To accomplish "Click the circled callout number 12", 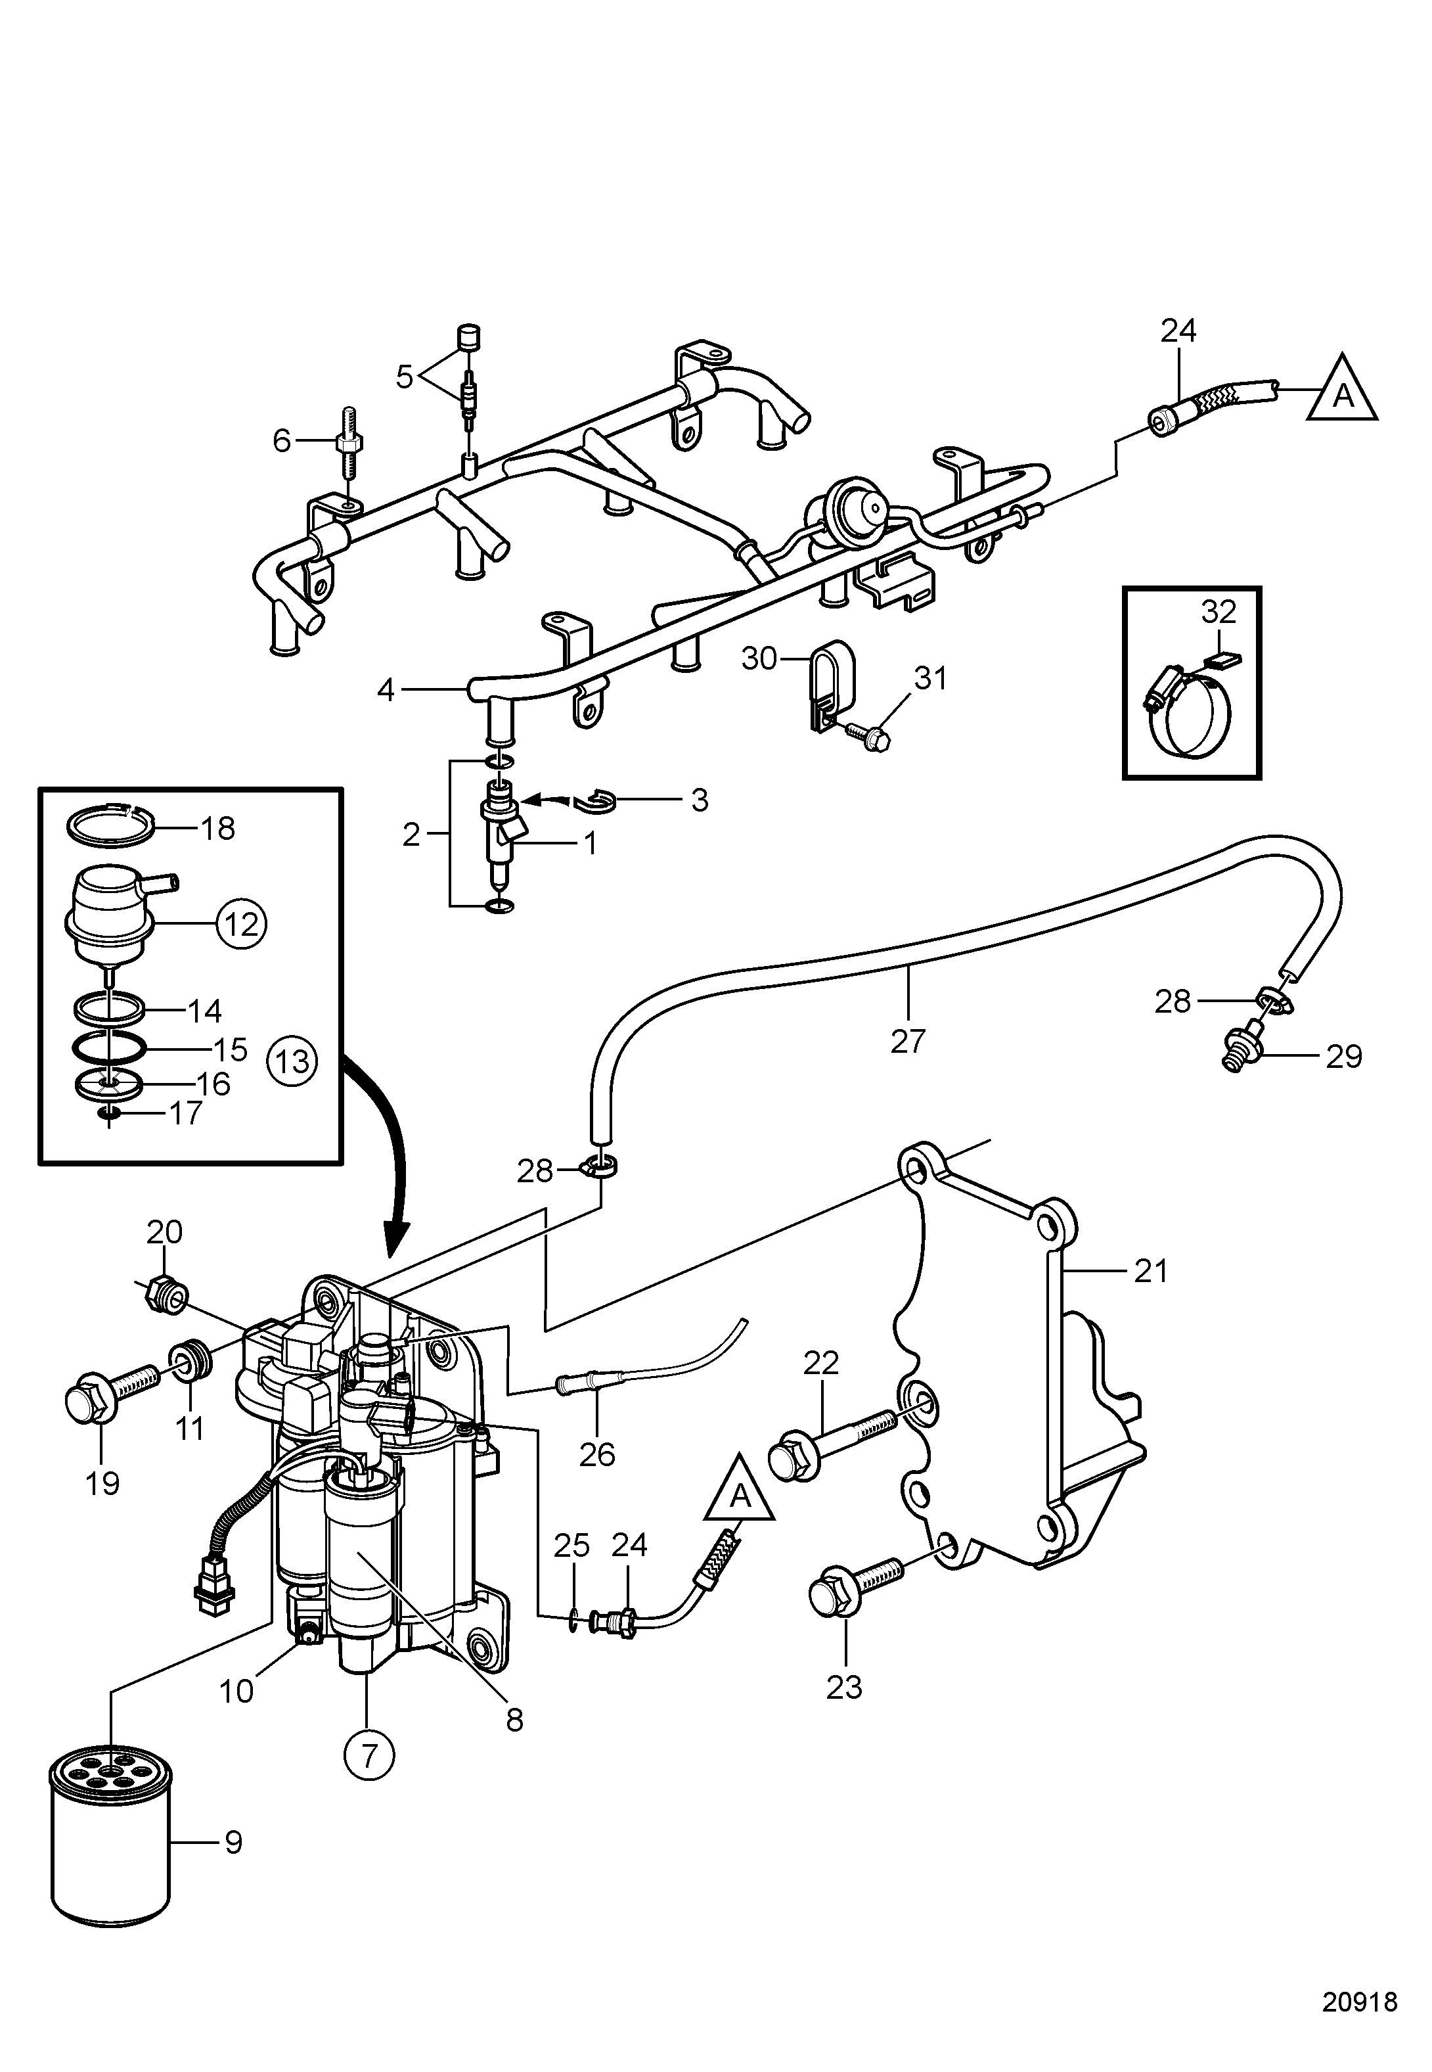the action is click(241, 923).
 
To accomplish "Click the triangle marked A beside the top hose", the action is click(1342, 390).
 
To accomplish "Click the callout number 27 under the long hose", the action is click(907, 1041).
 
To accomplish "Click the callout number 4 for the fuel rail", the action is click(386, 691).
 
